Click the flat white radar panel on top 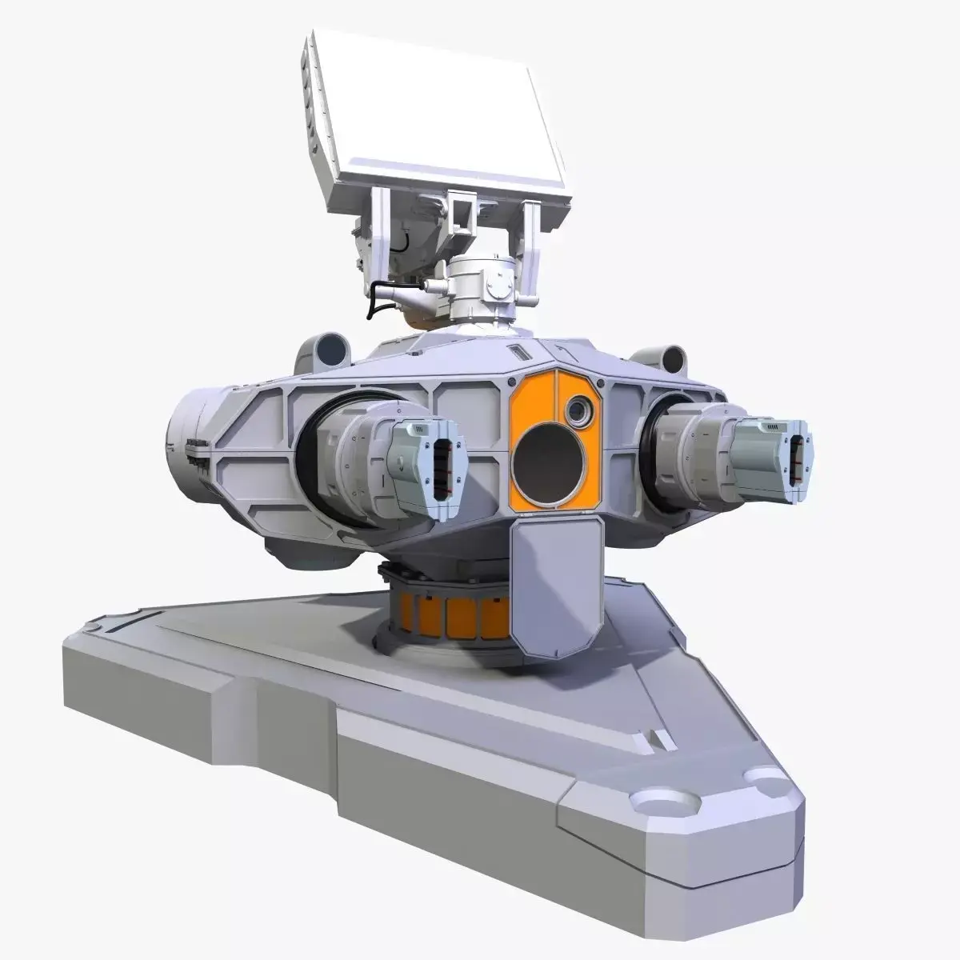click(x=448, y=120)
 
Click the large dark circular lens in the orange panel click(x=552, y=464)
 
